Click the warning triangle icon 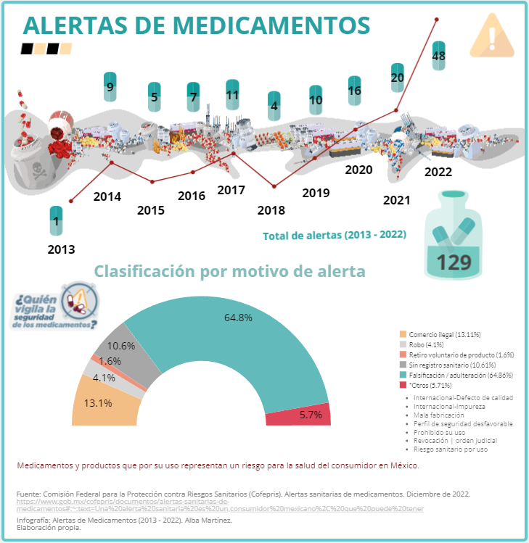click(492, 36)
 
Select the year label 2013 click(61, 249)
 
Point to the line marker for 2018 click(274, 187)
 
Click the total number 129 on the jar click(454, 262)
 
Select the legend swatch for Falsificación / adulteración click(403, 376)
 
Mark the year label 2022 click(438, 172)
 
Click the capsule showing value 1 click(56, 223)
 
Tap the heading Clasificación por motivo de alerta click(229, 271)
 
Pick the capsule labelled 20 click(397, 77)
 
